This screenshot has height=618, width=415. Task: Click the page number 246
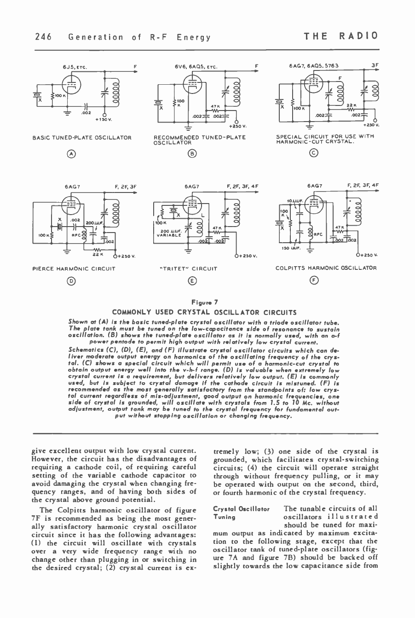point(43,37)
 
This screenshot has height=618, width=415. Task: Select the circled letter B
point(190,154)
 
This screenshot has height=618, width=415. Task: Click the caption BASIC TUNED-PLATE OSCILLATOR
point(82,138)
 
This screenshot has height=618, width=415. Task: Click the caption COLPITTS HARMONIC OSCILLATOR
point(326,268)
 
